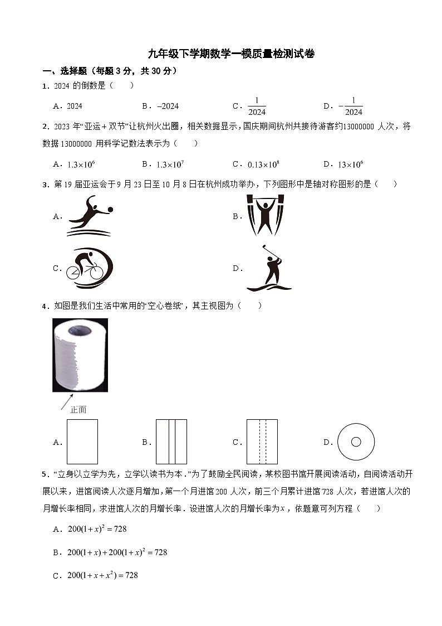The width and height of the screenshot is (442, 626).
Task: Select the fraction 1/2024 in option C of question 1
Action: click(x=257, y=106)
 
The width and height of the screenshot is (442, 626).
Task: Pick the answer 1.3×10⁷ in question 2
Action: click(x=170, y=164)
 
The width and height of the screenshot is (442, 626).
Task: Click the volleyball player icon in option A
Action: click(x=90, y=216)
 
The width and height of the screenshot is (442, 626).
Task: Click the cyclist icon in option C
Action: click(x=89, y=268)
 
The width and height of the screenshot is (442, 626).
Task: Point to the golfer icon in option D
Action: click(x=269, y=268)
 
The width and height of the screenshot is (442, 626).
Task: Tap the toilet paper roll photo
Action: click(x=80, y=355)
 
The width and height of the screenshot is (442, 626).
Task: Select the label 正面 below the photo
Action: click(x=78, y=410)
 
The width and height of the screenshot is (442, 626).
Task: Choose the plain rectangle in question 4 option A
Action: click(x=82, y=441)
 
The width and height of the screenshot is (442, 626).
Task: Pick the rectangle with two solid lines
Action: click(x=171, y=441)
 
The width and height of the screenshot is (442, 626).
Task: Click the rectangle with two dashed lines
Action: click(x=262, y=441)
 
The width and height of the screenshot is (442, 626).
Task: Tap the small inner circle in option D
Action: click(x=356, y=441)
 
